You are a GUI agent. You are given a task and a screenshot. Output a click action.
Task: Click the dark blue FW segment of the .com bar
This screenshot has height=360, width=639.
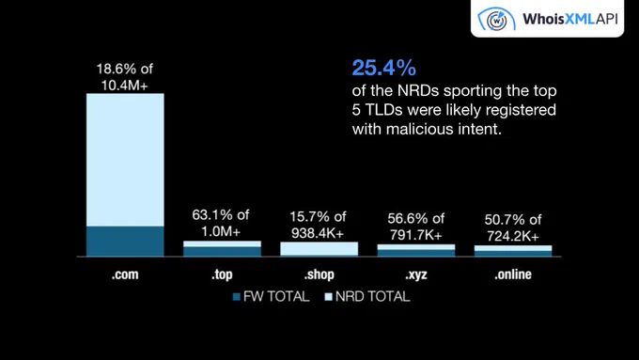click(125, 241)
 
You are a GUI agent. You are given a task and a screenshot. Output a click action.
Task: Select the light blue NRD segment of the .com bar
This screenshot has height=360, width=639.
click(125, 160)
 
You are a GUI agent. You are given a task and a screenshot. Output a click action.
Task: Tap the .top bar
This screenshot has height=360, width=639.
click(222, 249)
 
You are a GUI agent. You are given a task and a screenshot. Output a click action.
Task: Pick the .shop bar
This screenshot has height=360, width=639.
click(319, 249)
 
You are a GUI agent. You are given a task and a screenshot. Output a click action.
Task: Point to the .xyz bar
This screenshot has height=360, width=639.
click(416, 250)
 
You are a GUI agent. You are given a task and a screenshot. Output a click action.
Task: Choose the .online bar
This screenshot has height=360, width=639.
click(513, 251)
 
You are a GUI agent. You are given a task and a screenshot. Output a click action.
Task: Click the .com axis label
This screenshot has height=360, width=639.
click(125, 274)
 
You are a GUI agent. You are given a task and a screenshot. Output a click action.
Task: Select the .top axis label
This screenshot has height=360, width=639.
click(222, 274)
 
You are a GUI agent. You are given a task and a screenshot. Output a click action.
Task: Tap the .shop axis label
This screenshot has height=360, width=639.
click(319, 274)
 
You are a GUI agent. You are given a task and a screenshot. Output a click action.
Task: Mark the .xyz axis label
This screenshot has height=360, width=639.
click(416, 275)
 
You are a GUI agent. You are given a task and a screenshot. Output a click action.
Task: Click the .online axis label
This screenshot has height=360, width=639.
click(513, 274)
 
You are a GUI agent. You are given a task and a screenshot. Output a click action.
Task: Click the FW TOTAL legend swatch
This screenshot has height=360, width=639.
click(237, 297)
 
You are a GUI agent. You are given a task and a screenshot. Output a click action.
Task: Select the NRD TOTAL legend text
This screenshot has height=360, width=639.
click(373, 296)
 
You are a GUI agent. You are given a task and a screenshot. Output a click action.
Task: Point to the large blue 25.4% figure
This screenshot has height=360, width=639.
click(384, 68)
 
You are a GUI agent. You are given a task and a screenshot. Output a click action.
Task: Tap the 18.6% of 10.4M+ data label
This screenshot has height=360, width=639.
click(125, 77)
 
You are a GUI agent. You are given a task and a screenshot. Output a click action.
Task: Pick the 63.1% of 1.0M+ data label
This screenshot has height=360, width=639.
click(221, 223)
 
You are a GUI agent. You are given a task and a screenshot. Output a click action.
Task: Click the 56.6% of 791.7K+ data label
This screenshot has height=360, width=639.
click(416, 227)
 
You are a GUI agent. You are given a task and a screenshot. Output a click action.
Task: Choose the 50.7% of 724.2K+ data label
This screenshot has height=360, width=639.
click(513, 227)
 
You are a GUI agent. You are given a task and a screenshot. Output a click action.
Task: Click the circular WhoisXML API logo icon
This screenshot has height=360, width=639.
click(496, 19)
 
